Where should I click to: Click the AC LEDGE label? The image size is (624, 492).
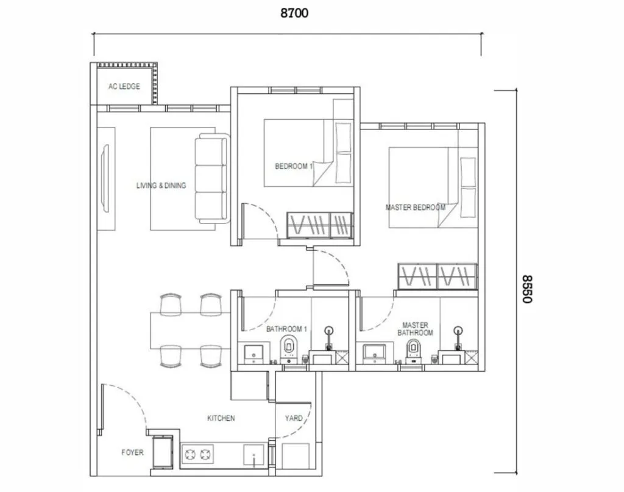[124, 87]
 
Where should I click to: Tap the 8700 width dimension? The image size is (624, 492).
[294, 13]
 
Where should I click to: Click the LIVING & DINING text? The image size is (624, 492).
[161, 186]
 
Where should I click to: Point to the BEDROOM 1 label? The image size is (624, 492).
[293, 166]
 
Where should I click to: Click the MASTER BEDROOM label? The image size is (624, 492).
[415, 208]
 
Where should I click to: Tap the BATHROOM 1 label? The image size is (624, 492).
[286, 329]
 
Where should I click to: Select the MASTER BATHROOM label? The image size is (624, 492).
[415, 329]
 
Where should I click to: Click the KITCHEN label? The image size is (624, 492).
[221, 418]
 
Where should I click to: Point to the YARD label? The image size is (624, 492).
[294, 419]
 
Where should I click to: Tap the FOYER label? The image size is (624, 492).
[132, 452]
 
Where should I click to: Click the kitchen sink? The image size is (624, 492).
[253, 455]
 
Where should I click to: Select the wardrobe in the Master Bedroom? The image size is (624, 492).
[437, 276]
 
